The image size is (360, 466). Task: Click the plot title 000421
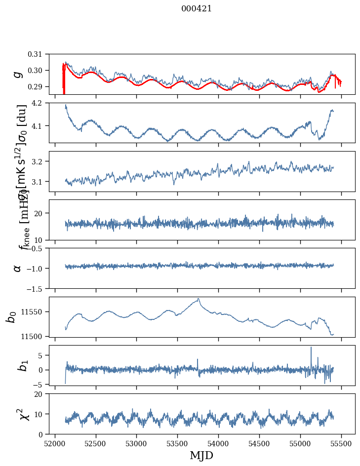tap(197, 8)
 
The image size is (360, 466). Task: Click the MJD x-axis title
tap(202, 455)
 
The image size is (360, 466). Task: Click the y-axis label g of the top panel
tap(17, 75)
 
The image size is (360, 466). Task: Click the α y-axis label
tap(17, 268)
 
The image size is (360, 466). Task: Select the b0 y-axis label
tap(11, 316)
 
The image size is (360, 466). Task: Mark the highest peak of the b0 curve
tap(199, 299)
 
